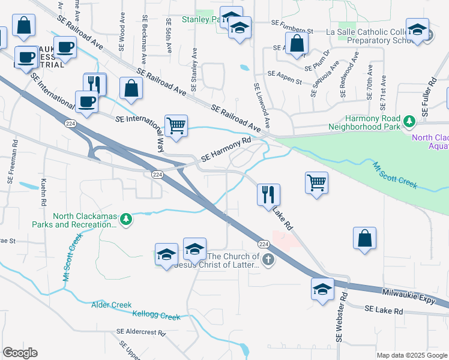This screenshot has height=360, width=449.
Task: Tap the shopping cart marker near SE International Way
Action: pyautogui.click(x=176, y=126)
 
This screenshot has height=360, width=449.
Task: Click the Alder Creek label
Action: pyautogui.click(x=111, y=305)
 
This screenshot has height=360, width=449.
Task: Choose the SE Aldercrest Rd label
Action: pyautogui.click(x=140, y=331)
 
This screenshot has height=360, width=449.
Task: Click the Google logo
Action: pyautogui.click(x=19, y=353)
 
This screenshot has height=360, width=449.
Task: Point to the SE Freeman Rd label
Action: pyautogui.click(x=11, y=161)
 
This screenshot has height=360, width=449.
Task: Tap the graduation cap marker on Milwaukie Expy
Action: pyautogui.click(x=322, y=289)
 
